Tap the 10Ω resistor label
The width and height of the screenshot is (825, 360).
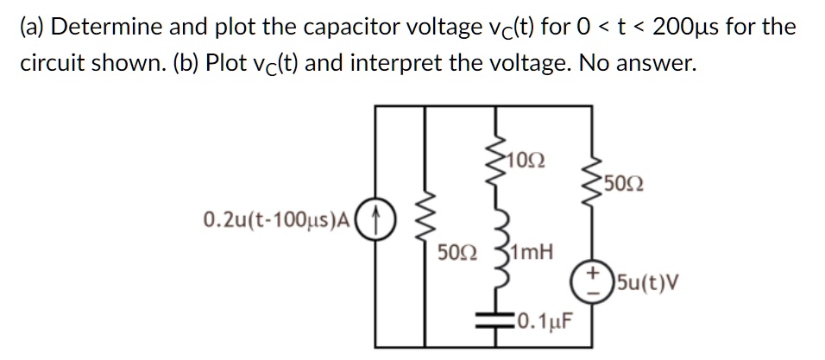point(526,161)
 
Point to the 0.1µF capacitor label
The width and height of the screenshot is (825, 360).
point(543,323)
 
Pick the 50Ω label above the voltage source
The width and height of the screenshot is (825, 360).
point(623,184)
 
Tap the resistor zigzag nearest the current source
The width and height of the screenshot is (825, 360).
point(423,226)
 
